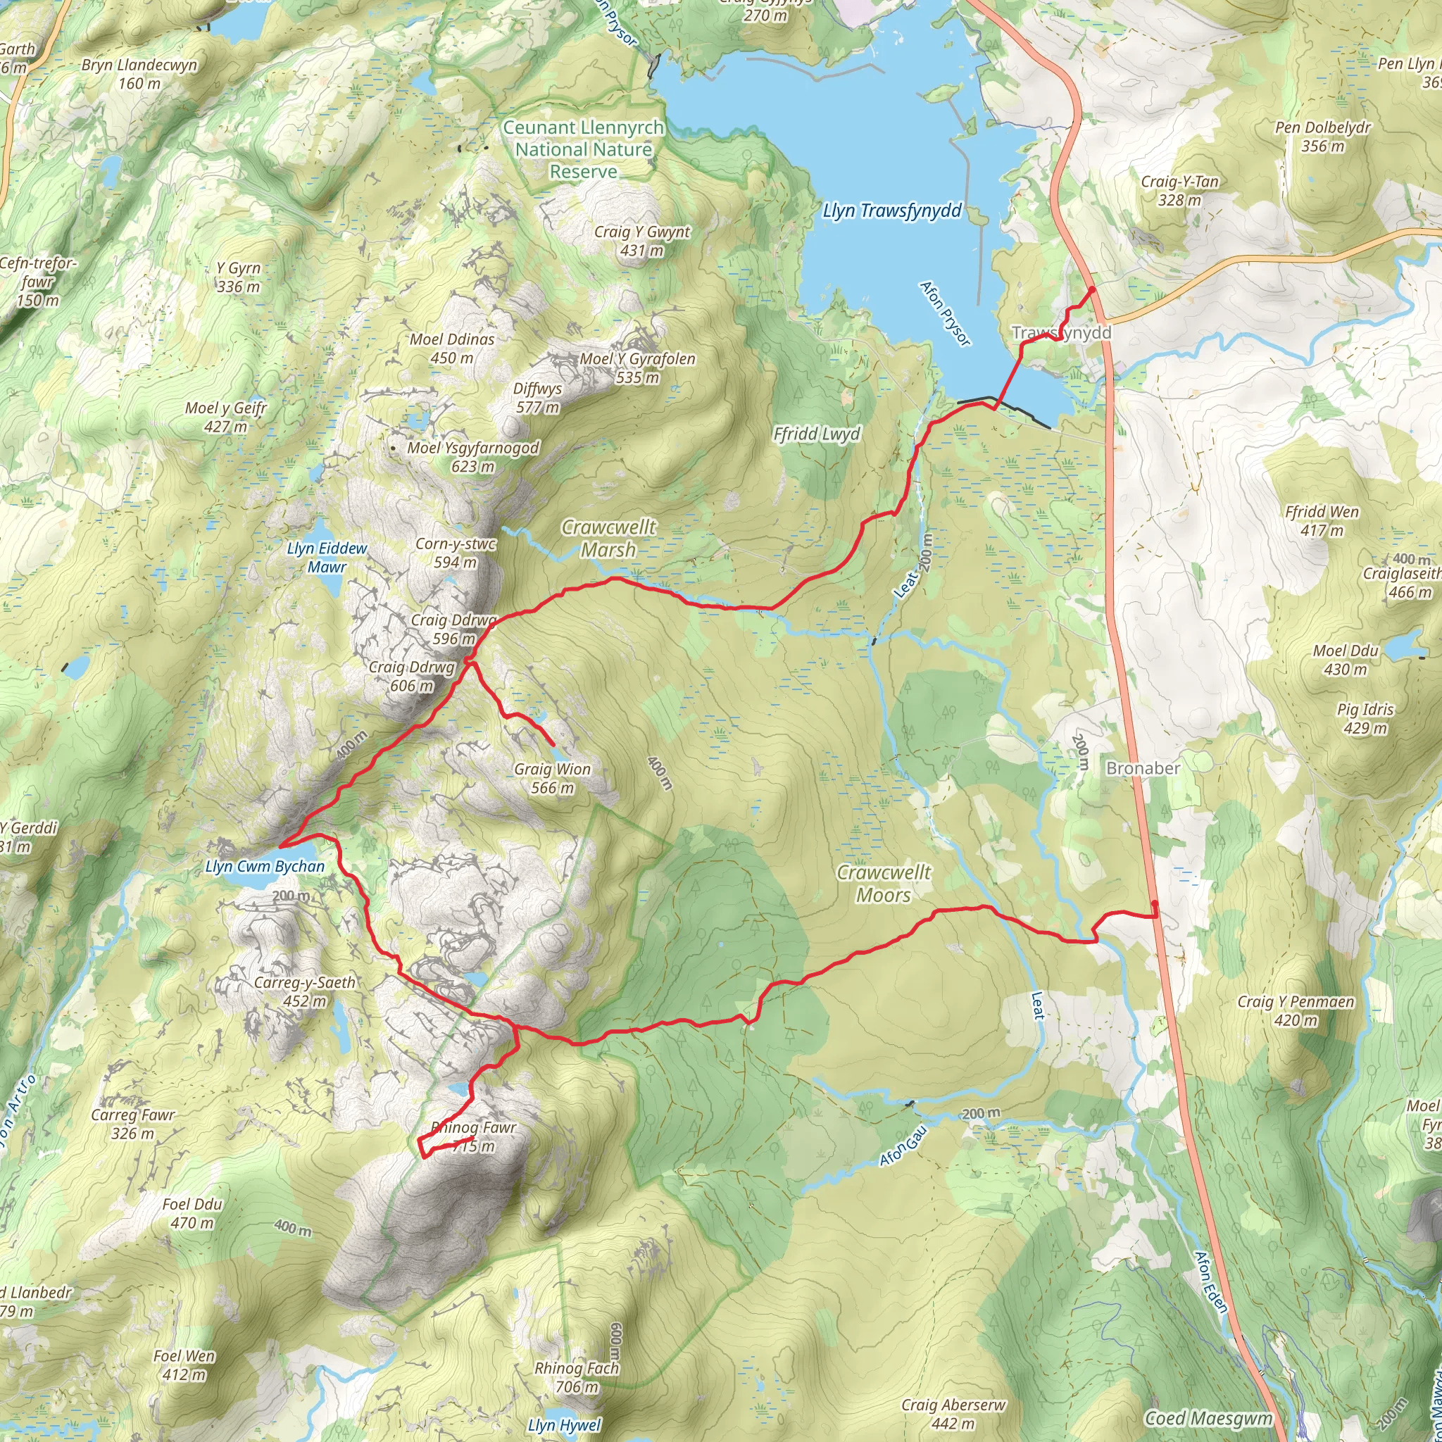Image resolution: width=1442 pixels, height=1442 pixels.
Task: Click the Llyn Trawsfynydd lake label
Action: click(892, 211)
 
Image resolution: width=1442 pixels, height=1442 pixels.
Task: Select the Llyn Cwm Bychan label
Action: click(265, 867)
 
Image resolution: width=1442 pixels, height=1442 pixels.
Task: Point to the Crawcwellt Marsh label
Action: click(609, 538)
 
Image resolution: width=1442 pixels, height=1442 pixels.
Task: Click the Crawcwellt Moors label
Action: click(884, 884)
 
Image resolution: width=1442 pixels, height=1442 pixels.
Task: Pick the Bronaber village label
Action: click(1143, 769)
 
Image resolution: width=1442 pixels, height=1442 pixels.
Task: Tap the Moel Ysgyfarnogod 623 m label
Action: click(472, 457)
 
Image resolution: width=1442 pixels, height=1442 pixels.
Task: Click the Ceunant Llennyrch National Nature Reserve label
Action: click(583, 149)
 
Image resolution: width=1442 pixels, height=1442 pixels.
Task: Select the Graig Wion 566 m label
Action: click(552, 779)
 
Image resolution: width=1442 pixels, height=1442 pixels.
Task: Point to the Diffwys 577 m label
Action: click(537, 398)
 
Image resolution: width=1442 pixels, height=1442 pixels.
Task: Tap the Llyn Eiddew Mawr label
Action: click(327, 558)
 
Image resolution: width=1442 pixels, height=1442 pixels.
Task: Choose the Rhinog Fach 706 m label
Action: click(576, 1377)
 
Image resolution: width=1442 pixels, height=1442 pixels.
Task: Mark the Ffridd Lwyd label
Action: click(817, 434)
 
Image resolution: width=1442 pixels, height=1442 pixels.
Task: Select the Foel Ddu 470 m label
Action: click(192, 1213)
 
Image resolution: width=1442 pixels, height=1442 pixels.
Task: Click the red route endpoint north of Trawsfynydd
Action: click(1091, 289)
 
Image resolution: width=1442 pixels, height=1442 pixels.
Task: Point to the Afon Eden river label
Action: click(1211, 1281)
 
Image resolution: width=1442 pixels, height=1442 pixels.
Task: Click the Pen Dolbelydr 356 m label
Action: click(1322, 137)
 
